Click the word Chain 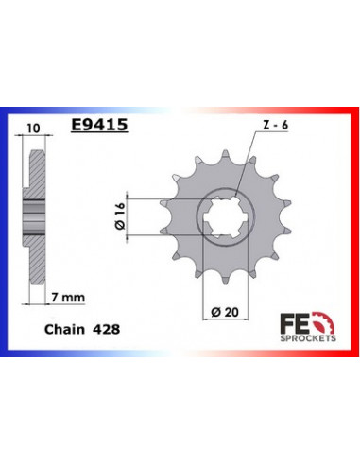click(63, 330)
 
